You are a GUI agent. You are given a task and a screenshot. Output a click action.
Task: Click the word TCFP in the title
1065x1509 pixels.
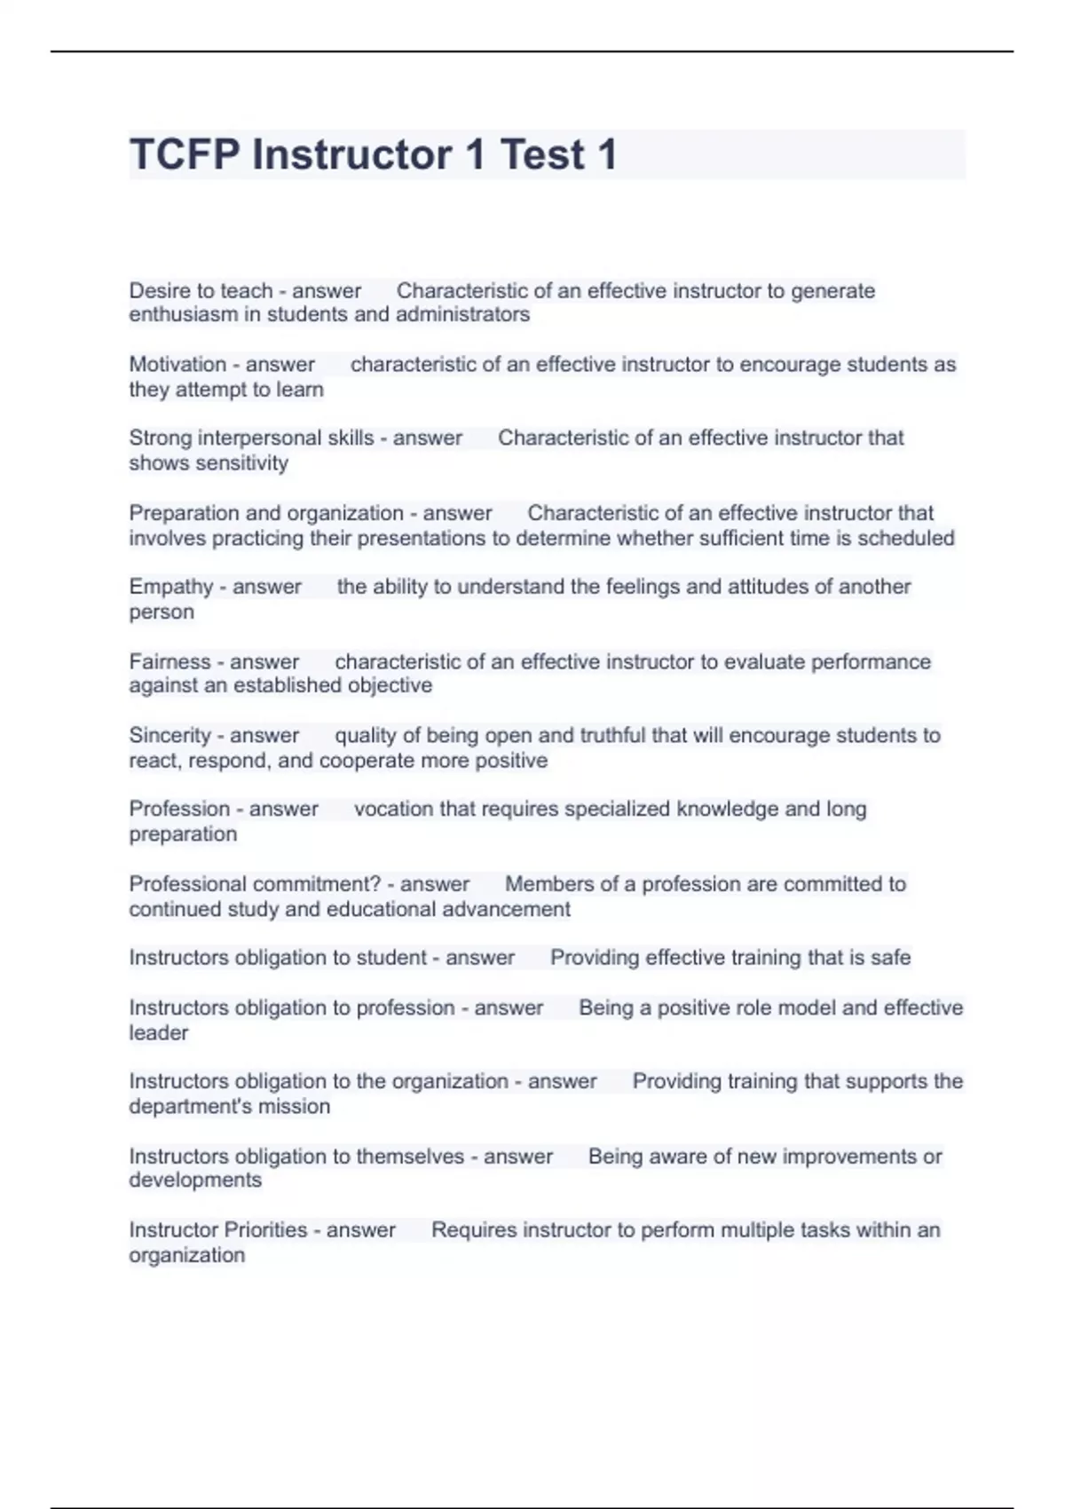[185, 154]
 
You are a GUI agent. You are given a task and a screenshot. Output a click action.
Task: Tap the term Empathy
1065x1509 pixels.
[171, 587]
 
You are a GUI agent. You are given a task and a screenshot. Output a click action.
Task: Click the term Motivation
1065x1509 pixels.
[177, 364]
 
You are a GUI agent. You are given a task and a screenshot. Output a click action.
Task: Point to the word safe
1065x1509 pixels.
[890, 958]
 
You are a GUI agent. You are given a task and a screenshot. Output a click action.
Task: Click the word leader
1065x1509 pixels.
[159, 1033]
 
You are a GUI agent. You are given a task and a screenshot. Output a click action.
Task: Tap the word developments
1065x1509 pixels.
[195, 1181]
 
